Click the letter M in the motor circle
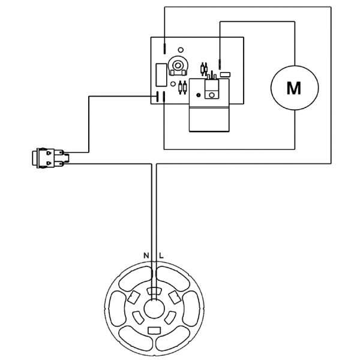(293, 88)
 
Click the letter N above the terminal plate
(146, 256)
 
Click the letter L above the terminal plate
(161, 256)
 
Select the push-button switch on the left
(47, 157)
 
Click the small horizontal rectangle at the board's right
(226, 74)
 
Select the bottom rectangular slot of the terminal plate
(154, 329)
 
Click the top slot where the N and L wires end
(154, 292)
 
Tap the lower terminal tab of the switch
(60, 163)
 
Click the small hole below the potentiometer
(174, 76)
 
